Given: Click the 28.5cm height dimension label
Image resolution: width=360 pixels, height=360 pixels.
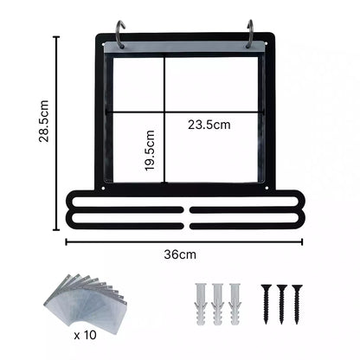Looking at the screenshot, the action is [x=44, y=121].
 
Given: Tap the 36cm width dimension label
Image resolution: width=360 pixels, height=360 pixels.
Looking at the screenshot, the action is [x=180, y=254].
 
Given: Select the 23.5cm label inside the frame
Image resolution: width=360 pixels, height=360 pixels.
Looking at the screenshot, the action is [x=209, y=125].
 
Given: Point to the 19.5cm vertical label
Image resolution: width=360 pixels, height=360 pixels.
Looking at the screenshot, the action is [x=150, y=151].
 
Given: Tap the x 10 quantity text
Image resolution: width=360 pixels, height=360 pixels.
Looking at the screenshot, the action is [x=85, y=335].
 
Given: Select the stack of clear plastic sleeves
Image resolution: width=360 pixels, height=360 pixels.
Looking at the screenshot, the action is [x=87, y=301].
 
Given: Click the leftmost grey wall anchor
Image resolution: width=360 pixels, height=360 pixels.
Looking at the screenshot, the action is [x=200, y=305].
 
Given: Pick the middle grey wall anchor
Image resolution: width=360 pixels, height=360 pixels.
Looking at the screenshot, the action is [x=217, y=305].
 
